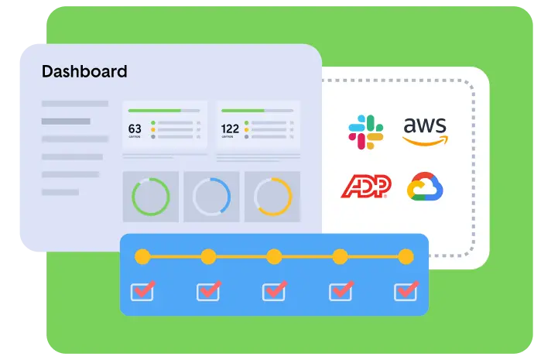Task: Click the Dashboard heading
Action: (84, 72)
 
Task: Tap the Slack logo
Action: (365, 132)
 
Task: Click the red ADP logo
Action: (366, 187)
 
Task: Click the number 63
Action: (135, 129)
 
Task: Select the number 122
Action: (230, 129)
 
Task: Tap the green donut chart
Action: (150, 197)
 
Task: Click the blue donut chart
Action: (211, 197)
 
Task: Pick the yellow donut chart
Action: (272, 197)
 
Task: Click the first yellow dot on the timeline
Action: (142, 256)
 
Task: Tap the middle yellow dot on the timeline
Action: (274, 256)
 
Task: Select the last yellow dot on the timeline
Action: (406, 256)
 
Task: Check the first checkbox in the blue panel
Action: (142, 291)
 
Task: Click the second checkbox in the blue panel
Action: (208, 291)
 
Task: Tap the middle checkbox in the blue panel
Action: (274, 291)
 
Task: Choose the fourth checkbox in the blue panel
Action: (340, 291)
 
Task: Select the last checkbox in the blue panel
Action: (406, 291)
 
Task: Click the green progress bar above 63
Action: (155, 111)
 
